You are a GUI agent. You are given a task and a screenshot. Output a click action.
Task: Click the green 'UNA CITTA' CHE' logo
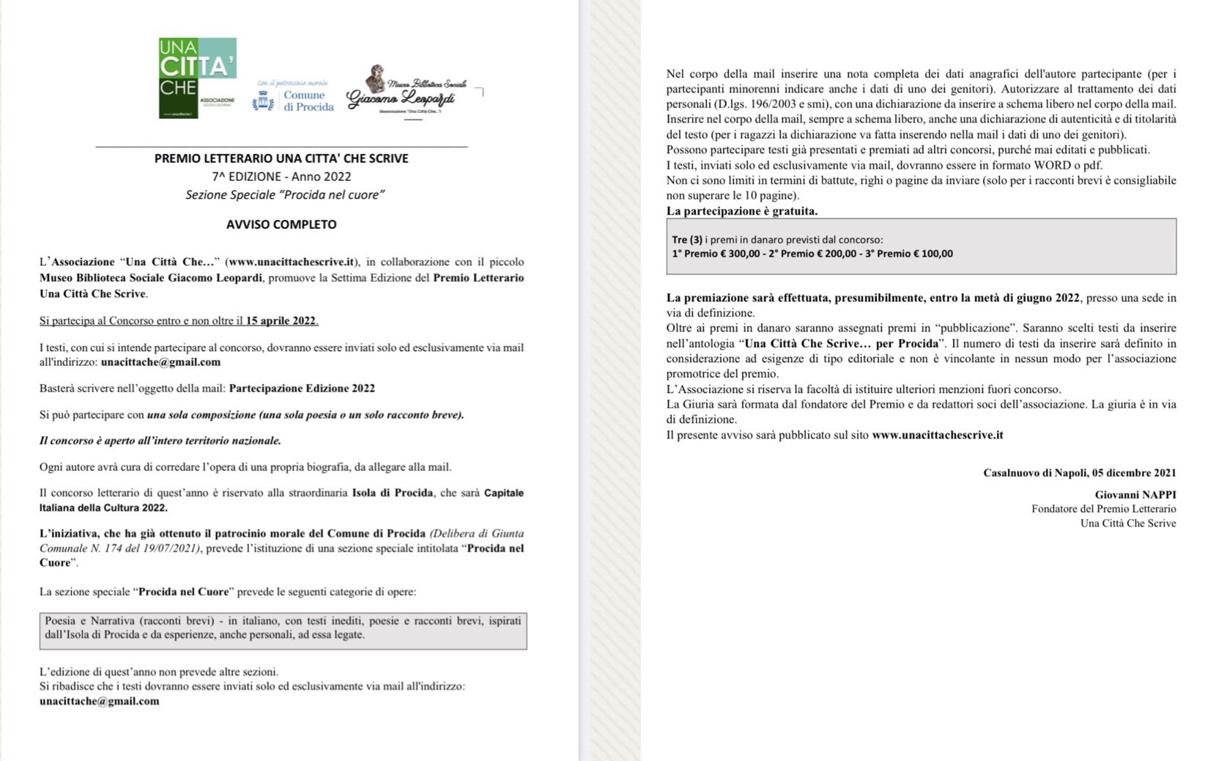tap(197, 78)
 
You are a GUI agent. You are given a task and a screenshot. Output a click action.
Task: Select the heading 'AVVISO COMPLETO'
tap(281, 224)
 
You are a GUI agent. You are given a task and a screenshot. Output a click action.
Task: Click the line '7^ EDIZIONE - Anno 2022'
tap(281, 177)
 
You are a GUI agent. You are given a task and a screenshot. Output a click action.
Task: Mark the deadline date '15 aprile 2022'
tap(281, 320)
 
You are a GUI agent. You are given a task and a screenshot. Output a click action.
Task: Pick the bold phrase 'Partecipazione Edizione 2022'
tap(302, 389)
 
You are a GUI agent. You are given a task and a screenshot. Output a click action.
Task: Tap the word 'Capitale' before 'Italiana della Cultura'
tap(504, 493)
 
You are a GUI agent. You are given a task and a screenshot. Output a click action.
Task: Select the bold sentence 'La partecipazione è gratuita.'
tap(741, 211)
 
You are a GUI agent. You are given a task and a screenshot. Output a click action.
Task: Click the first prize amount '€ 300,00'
tap(740, 254)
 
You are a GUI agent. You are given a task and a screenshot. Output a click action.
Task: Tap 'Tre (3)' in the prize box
tap(687, 240)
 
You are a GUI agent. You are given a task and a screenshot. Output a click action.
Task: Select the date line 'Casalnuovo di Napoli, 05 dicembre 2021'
tap(1079, 473)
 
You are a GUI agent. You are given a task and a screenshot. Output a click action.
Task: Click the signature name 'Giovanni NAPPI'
tap(1135, 495)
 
